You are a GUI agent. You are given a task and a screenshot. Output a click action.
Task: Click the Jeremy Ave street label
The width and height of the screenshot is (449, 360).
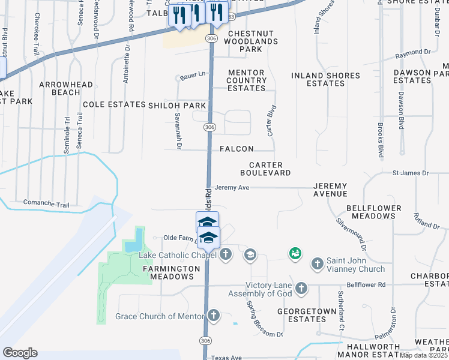click(232, 187)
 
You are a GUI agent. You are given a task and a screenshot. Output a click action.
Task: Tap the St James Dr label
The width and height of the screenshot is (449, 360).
click(411, 173)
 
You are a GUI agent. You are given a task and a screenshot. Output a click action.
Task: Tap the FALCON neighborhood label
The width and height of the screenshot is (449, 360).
click(237, 149)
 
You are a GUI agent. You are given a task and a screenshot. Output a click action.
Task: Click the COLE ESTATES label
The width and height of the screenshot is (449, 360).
click(114, 104)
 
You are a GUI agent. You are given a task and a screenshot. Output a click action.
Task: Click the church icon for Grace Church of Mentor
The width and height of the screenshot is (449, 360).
click(214, 316)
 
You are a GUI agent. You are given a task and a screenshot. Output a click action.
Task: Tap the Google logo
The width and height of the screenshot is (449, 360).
click(19, 353)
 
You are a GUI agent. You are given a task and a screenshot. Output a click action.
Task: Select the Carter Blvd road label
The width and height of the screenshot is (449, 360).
click(271, 121)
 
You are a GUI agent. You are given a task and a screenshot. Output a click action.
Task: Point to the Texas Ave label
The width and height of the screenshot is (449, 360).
click(226, 358)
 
